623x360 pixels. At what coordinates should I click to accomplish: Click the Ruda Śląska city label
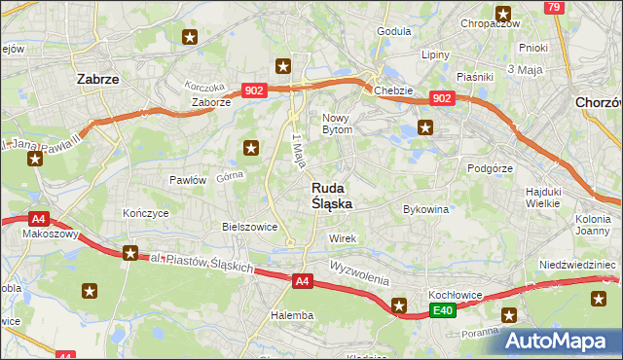click(x=332, y=196)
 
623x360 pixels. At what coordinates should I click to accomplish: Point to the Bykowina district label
click(x=425, y=209)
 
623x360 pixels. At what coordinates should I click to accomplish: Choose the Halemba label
click(x=292, y=315)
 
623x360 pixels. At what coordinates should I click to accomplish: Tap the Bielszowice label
click(x=250, y=227)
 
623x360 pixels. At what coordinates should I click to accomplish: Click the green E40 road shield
click(x=443, y=310)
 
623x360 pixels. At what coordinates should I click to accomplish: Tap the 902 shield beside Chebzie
click(x=442, y=98)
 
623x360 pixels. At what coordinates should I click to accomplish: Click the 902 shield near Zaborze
click(x=254, y=90)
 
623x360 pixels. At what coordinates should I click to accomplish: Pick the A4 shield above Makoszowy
click(x=37, y=219)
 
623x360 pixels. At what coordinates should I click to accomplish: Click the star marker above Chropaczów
click(x=503, y=14)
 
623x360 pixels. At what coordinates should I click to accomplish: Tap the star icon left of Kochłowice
click(x=399, y=306)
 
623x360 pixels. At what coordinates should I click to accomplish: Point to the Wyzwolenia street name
click(x=358, y=270)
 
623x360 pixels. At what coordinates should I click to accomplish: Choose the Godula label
click(x=393, y=31)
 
